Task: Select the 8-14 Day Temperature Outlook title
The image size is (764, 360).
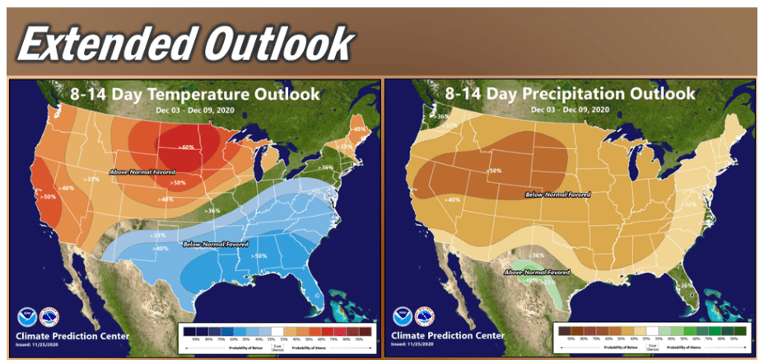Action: tap(195, 94)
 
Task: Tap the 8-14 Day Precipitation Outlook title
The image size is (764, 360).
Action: tap(571, 94)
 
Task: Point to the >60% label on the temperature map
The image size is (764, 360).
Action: tap(188, 148)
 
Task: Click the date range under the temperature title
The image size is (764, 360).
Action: tap(195, 110)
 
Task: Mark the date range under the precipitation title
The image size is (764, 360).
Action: tap(571, 110)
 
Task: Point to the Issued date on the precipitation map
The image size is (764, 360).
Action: tap(412, 346)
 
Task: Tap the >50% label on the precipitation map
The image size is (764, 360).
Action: tap(496, 171)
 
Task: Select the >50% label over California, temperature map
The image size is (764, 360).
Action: tap(49, 198)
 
